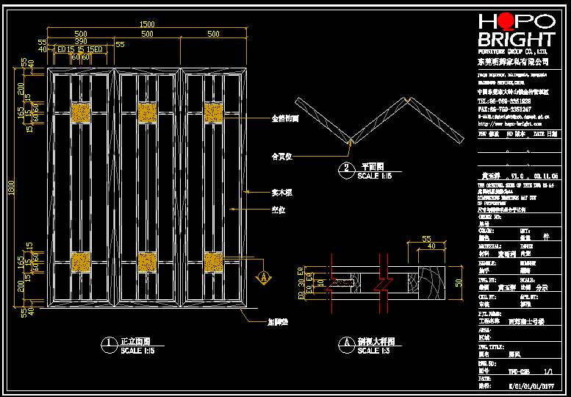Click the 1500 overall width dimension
(148, 24)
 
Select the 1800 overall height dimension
(11, 190)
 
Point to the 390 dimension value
(80, 42)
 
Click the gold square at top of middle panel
(148, 112)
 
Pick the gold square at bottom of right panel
(213, 261)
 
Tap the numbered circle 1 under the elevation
(109, 343)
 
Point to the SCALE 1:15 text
(375, 176)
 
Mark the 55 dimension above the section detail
(425, 240)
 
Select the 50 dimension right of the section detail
(458, 282)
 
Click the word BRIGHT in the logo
(517, 40)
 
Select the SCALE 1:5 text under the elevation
(137, 351)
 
